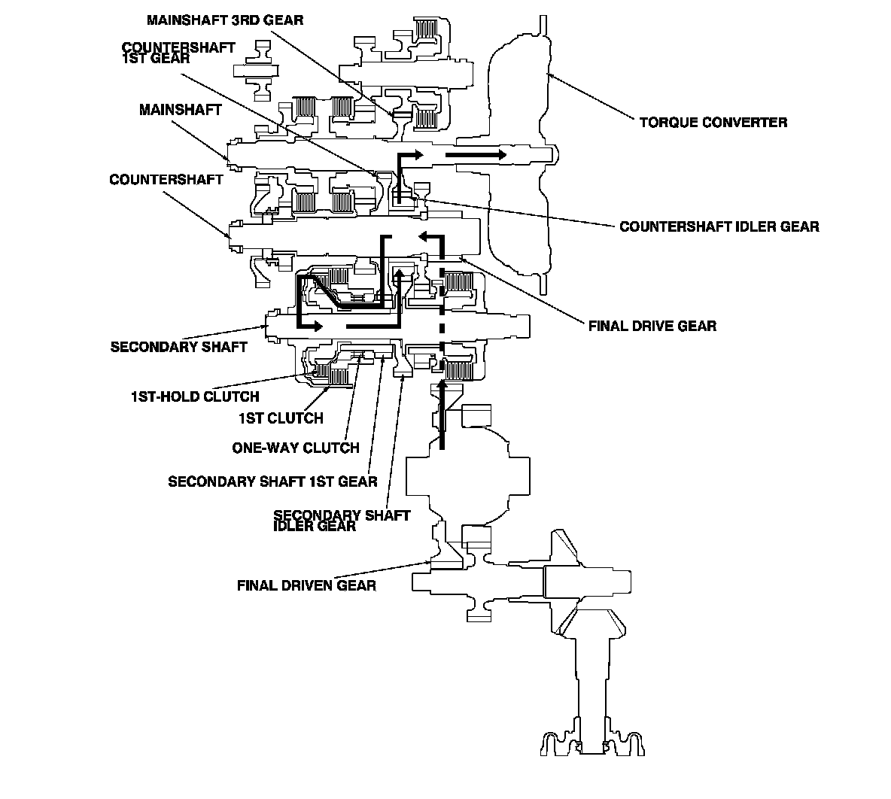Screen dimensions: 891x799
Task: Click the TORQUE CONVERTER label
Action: coord(713,122)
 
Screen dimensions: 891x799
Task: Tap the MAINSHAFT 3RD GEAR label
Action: coord(225,20)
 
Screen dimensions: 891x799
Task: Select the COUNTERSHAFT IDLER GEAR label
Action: coord(719,226)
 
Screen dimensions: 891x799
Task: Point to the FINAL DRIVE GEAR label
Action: coord(652,326)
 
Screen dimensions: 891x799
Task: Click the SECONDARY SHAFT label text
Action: coord(179,347)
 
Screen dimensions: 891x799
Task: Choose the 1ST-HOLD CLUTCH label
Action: coord(195,396)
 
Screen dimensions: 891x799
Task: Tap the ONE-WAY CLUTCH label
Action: coord(296,448)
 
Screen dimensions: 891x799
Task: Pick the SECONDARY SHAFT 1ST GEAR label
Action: coord(272,482)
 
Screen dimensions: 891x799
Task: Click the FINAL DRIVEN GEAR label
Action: coord(306,585)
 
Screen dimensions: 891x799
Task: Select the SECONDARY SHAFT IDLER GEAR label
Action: coord(342,520)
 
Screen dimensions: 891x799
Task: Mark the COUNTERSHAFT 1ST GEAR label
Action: coord(178,52)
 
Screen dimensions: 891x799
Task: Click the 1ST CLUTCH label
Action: coord(281,418)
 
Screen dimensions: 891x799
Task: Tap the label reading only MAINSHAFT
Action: coord(180,110)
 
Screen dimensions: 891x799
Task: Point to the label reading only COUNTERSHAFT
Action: coord(166,180)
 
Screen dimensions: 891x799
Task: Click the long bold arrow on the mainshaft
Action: coord(476,154)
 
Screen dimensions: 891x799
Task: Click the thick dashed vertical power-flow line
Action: coord(442,307)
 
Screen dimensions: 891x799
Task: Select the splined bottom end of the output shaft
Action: coord(592,743)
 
